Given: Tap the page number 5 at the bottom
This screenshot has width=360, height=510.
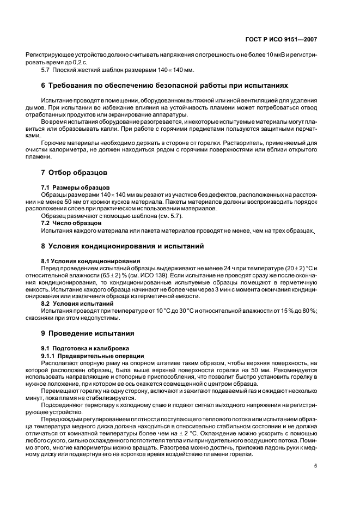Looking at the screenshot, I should click(315, 465).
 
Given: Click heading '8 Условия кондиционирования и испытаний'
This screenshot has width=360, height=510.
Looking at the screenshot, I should click(123, 246).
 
